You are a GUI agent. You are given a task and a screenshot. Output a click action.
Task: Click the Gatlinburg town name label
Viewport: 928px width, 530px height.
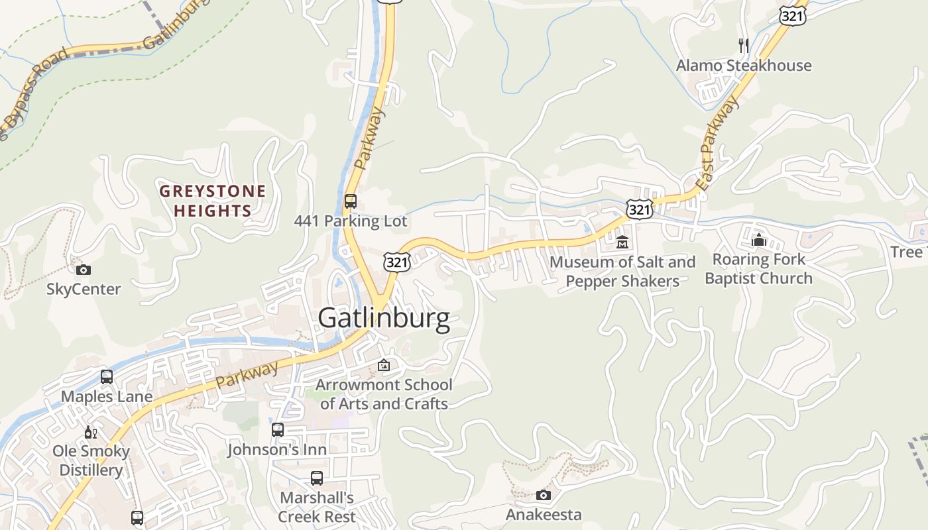(x=384, y=318)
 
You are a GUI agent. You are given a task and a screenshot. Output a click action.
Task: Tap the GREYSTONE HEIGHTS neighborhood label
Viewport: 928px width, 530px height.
(x=212, y=201)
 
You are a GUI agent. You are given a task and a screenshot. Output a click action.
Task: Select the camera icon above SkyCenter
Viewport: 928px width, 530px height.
(x=84, y=270)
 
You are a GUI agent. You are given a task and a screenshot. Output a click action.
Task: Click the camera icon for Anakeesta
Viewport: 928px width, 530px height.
(x=543, y=496)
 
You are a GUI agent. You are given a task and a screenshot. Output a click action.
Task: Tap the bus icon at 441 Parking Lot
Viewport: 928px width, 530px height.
(x=351, y=201)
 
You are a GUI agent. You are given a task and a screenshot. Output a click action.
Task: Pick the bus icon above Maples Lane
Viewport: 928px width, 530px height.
(x=107, y=377)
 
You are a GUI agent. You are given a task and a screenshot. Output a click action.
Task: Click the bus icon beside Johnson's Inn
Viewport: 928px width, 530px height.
(x=278, y=430)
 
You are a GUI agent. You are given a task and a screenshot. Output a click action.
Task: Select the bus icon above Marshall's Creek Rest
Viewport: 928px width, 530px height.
(x=317, y=478)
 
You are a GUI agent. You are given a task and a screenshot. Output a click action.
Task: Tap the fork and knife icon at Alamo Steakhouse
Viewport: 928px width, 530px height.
(x=744, y=45)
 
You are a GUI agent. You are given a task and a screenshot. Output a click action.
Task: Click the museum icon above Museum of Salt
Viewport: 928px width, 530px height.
(x=622, y=242)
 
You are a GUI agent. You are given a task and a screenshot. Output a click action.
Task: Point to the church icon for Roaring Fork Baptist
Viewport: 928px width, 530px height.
(x=759, y=239)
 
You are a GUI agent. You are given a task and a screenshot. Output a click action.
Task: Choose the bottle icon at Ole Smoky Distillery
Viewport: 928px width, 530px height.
(x=90, y=432)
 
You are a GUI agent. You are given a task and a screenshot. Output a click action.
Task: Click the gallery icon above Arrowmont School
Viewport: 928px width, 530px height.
(x=384, y=365)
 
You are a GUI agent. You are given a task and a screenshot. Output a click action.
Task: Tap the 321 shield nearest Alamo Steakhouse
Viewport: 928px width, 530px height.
(x=792, y=16)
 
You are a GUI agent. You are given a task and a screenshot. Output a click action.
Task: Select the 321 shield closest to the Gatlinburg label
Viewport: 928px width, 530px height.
(x=396, y=262)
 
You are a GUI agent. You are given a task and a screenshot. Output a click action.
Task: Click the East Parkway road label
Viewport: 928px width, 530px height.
(x=718, y=144)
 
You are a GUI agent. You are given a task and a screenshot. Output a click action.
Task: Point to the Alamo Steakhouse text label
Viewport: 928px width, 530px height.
(x=744, y=66)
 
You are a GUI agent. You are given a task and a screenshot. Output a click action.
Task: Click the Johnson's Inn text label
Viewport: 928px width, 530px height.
(x=277, y=450)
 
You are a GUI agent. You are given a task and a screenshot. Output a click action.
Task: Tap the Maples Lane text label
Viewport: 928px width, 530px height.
(x=107, y=397)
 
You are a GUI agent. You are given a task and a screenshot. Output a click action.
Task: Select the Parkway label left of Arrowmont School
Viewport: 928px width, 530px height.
(x=247, y=375)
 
